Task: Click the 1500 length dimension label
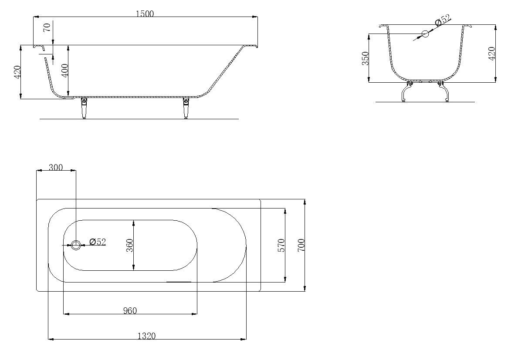145,13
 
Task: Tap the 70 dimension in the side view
47,27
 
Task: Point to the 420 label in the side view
17,72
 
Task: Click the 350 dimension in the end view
365,58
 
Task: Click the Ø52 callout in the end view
443,20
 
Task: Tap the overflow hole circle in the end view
425,34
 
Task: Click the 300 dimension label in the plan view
55,167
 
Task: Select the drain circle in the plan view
76,245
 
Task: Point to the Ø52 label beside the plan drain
98,242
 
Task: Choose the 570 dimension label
281,245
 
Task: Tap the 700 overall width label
301,245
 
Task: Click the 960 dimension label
130,310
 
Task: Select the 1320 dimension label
146,336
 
